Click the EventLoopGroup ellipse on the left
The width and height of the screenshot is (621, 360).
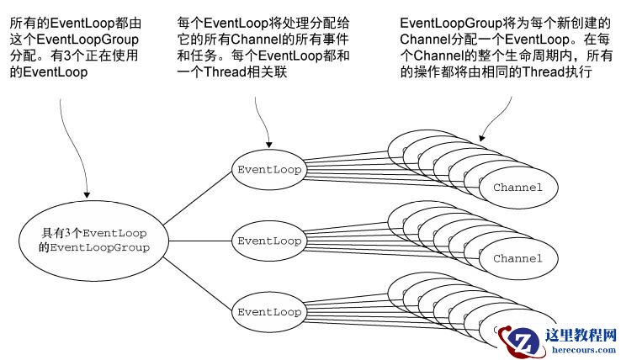pos(94,240)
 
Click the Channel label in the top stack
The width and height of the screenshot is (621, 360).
pos(517,187)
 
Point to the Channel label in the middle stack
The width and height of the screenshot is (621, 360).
pos(517,258)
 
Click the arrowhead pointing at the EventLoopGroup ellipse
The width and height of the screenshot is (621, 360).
pos(87,194)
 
